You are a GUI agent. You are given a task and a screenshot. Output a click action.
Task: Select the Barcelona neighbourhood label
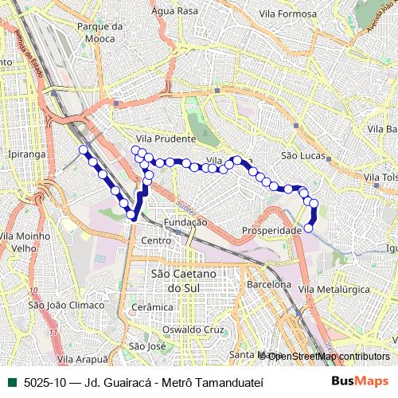coord(268,284)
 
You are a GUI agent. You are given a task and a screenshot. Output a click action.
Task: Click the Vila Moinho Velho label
coord(21,242)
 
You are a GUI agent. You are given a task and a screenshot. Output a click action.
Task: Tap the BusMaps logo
coord(361,381)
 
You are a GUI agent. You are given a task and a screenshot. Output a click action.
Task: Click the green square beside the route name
coord(11,381)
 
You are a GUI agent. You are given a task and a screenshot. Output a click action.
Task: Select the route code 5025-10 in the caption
coord(45,381)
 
